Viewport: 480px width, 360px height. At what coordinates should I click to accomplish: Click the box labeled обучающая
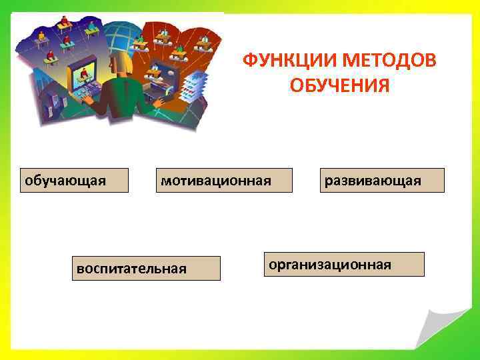pyautogui.click(x=73, y=180)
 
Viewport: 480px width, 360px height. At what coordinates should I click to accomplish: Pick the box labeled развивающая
pyautogui.click(x=381, y=180)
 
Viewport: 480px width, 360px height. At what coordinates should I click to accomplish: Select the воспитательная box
pyautogui.click(x=146, y=268)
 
